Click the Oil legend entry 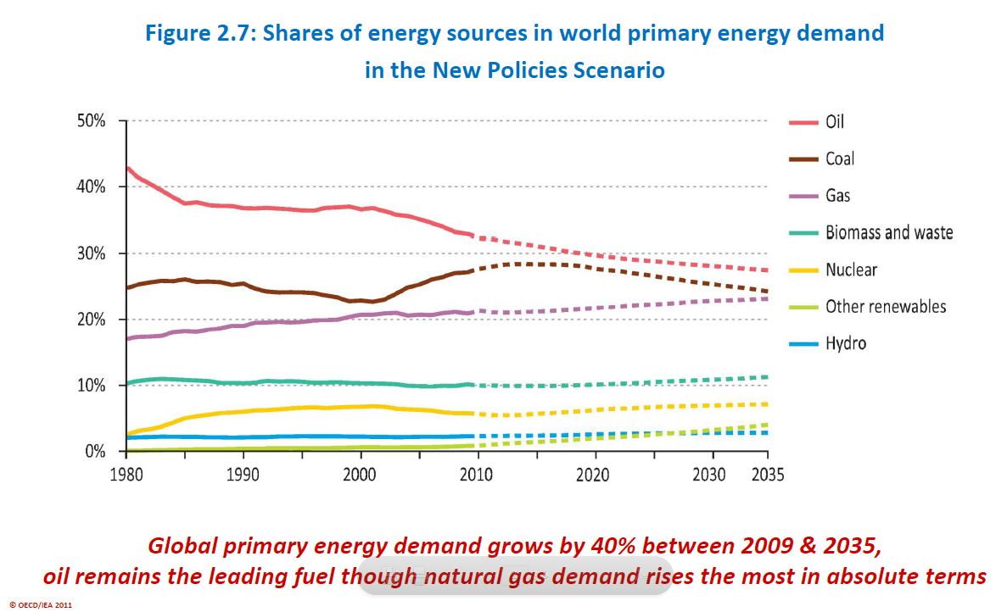pyautogui.click(x=835, y=121)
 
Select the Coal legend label pyautogui.click(x=840, y=159)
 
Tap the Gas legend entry pyautogui.click(x=837, y=196)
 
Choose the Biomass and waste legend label pyautogui.click(x=889, y=232)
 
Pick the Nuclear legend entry pyautogui.click(x=851, y=270)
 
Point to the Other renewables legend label pyautogui.click(x=886, y=307)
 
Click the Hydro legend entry pyautogui.click(x=845, y=343)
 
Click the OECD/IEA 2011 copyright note pyautogui.click(x=40, y=605)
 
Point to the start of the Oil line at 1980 pyautogui.click(x=127, y=168)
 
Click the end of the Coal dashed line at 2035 pyautogui.click(x=767, y=292)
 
